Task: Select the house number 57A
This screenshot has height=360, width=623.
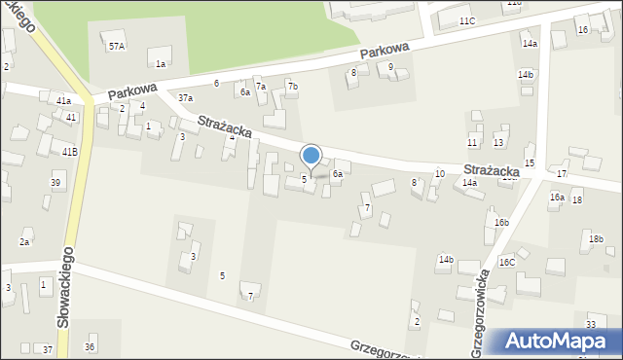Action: click(x=117, y=46)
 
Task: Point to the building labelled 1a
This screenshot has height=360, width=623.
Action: click(x=161, y=63)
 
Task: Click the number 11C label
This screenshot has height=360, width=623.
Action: click(x=467, y=20)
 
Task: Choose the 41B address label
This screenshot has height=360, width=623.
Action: click(x=70, y=152)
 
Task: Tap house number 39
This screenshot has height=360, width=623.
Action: click(x=56, y=183)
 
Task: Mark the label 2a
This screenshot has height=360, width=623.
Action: click(x=25, y=241)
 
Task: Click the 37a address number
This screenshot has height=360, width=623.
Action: click(x=185, y=98)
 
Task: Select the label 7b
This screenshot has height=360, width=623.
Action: click(x=292, y=87)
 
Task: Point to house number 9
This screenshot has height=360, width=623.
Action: click(x=390, y=67)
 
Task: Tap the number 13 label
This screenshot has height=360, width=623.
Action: click(x=498, y=142)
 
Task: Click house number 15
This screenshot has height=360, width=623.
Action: click(x=530, y=162)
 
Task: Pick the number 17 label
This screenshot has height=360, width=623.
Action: click(x=563, y=173)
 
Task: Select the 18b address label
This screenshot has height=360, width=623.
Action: click(x=596, y=238)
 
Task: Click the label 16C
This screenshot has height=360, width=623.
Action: click(x=507, y=262)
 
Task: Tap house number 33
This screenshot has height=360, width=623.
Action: click(x=591, y=324)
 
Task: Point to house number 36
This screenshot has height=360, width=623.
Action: click(x=90, y=346)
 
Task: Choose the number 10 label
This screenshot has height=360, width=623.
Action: click(x=440, y=173)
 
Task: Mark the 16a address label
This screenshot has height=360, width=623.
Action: click(x=556, y=197)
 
